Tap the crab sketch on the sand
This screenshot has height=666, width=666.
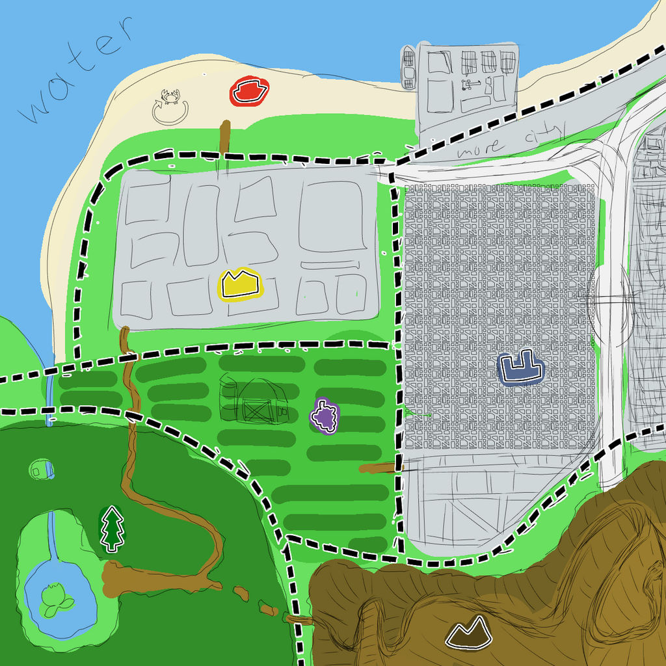170,97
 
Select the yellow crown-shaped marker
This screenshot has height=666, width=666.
240,284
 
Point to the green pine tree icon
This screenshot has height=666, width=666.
113,529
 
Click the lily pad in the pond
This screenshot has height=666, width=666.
55,600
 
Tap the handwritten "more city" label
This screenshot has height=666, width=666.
511,142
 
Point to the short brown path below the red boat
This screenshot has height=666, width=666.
225,137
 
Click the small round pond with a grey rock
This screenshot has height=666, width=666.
40,468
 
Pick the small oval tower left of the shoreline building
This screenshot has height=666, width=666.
408,67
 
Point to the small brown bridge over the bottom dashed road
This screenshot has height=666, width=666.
300,620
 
